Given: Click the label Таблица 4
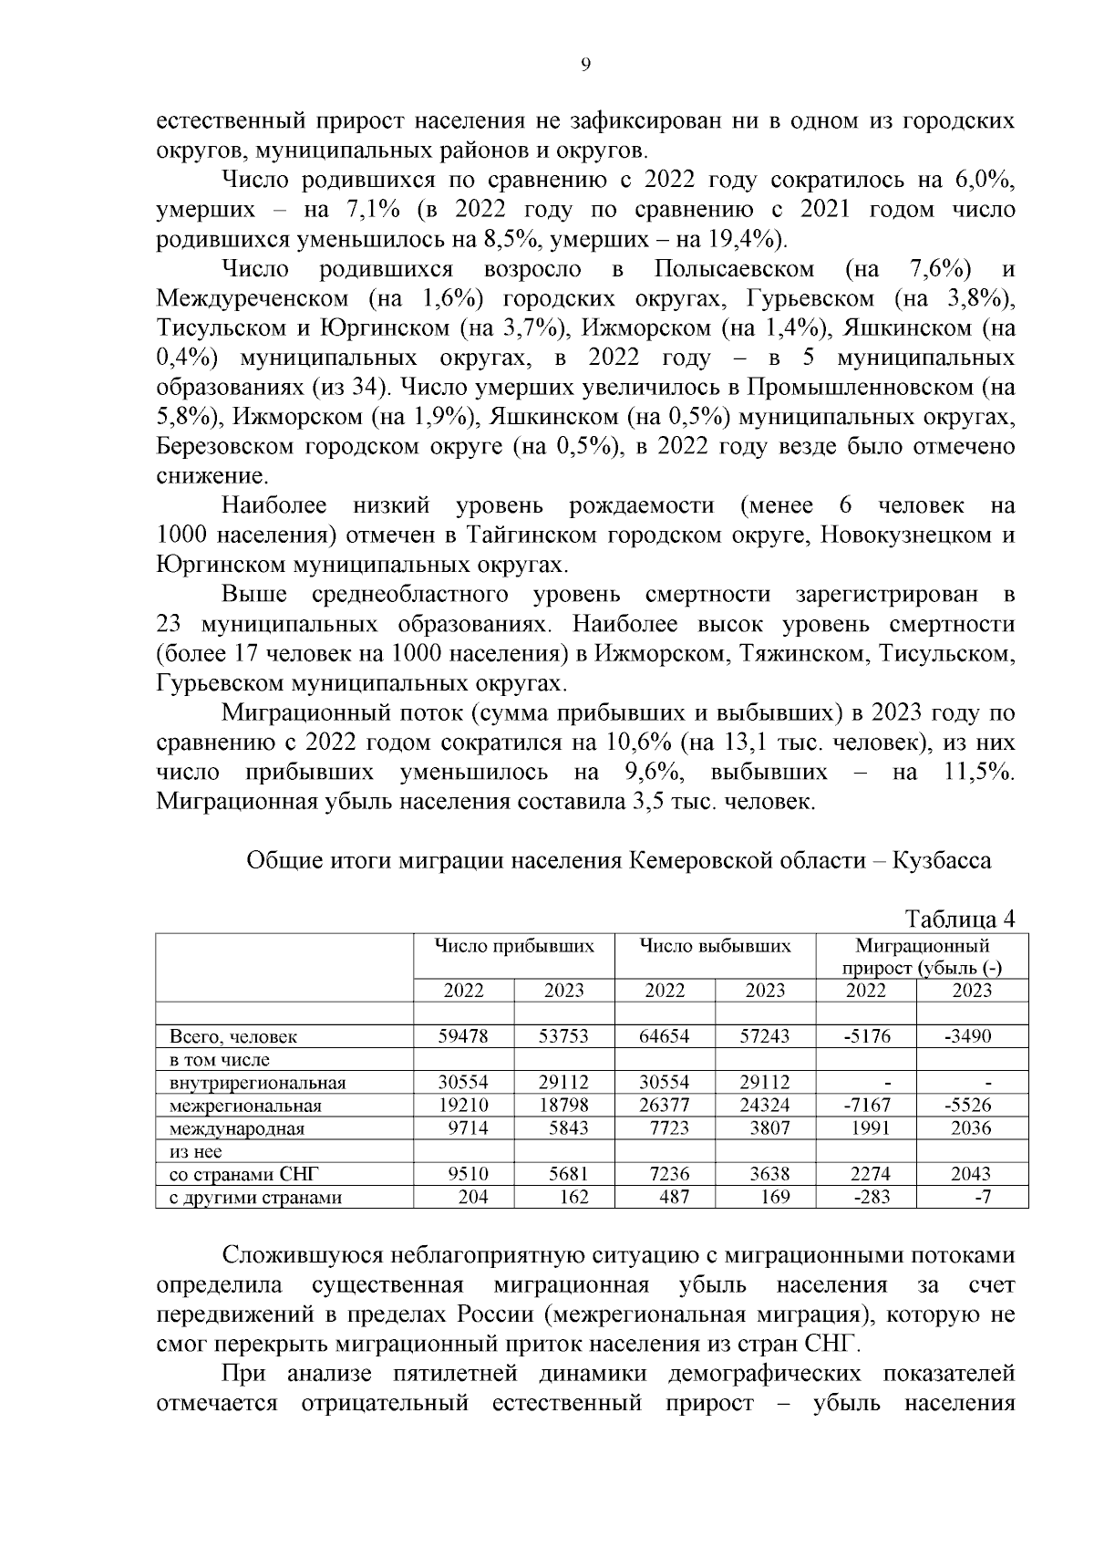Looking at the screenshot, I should coord(958,918).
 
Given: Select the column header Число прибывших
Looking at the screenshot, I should coord(514,946).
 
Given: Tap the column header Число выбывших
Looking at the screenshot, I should coord(715,946).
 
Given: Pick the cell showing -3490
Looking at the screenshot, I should coord(967,1036).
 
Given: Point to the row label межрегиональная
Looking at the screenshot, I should coord(245,1106).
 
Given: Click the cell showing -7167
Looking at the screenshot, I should coord(865,1106).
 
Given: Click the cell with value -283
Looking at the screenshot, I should coord(871,1197).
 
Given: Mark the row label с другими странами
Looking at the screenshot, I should coord(255,1198).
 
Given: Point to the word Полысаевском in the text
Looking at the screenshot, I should coord(734,269).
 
